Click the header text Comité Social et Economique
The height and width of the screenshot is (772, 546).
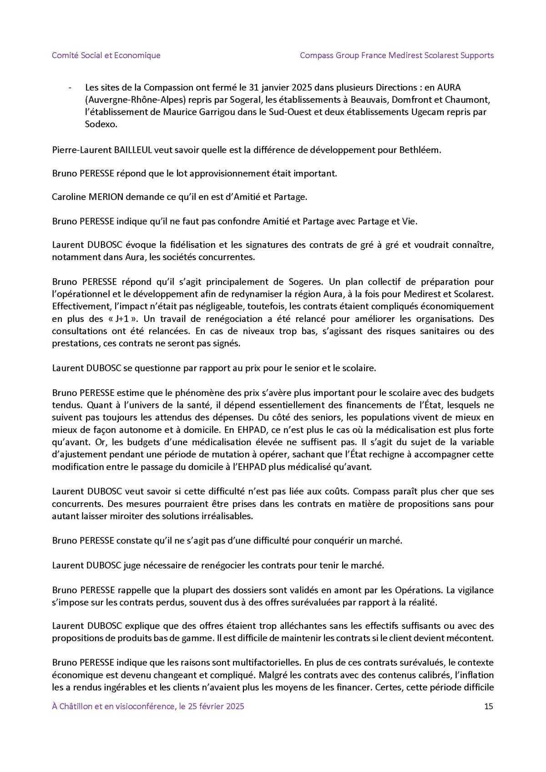click(106, 55)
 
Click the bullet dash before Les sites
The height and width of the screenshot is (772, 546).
click(69, 87)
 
